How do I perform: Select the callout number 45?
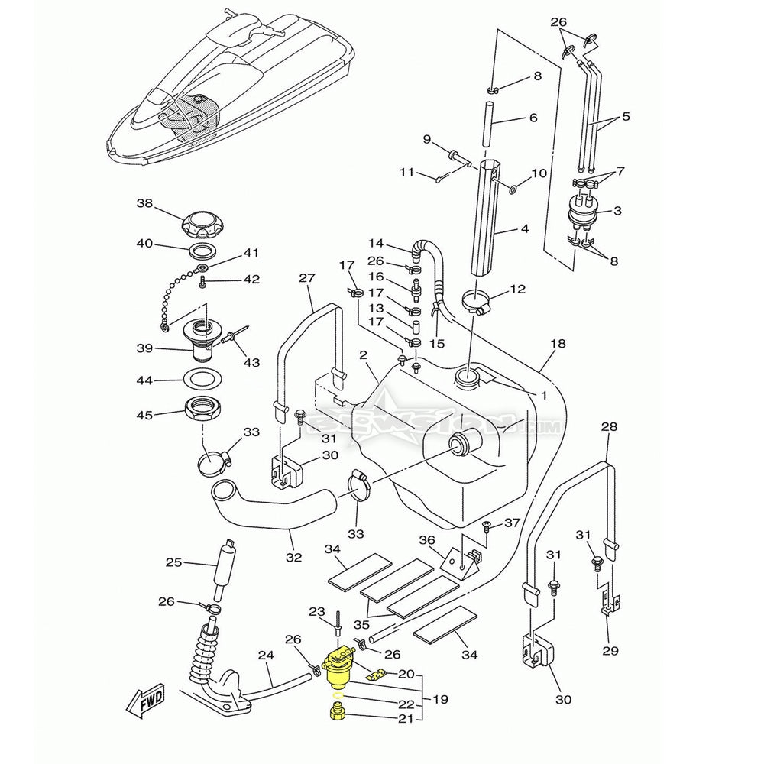(x=145, y=415)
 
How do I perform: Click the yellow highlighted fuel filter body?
(x=336, y=669)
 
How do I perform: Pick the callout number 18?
(x=558, y=344)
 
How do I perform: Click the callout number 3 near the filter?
(x=617, y=210)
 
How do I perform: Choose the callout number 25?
(x=174, y=563)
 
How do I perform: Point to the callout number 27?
(x=307, y=279)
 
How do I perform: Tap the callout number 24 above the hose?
(x=265, y=655)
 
